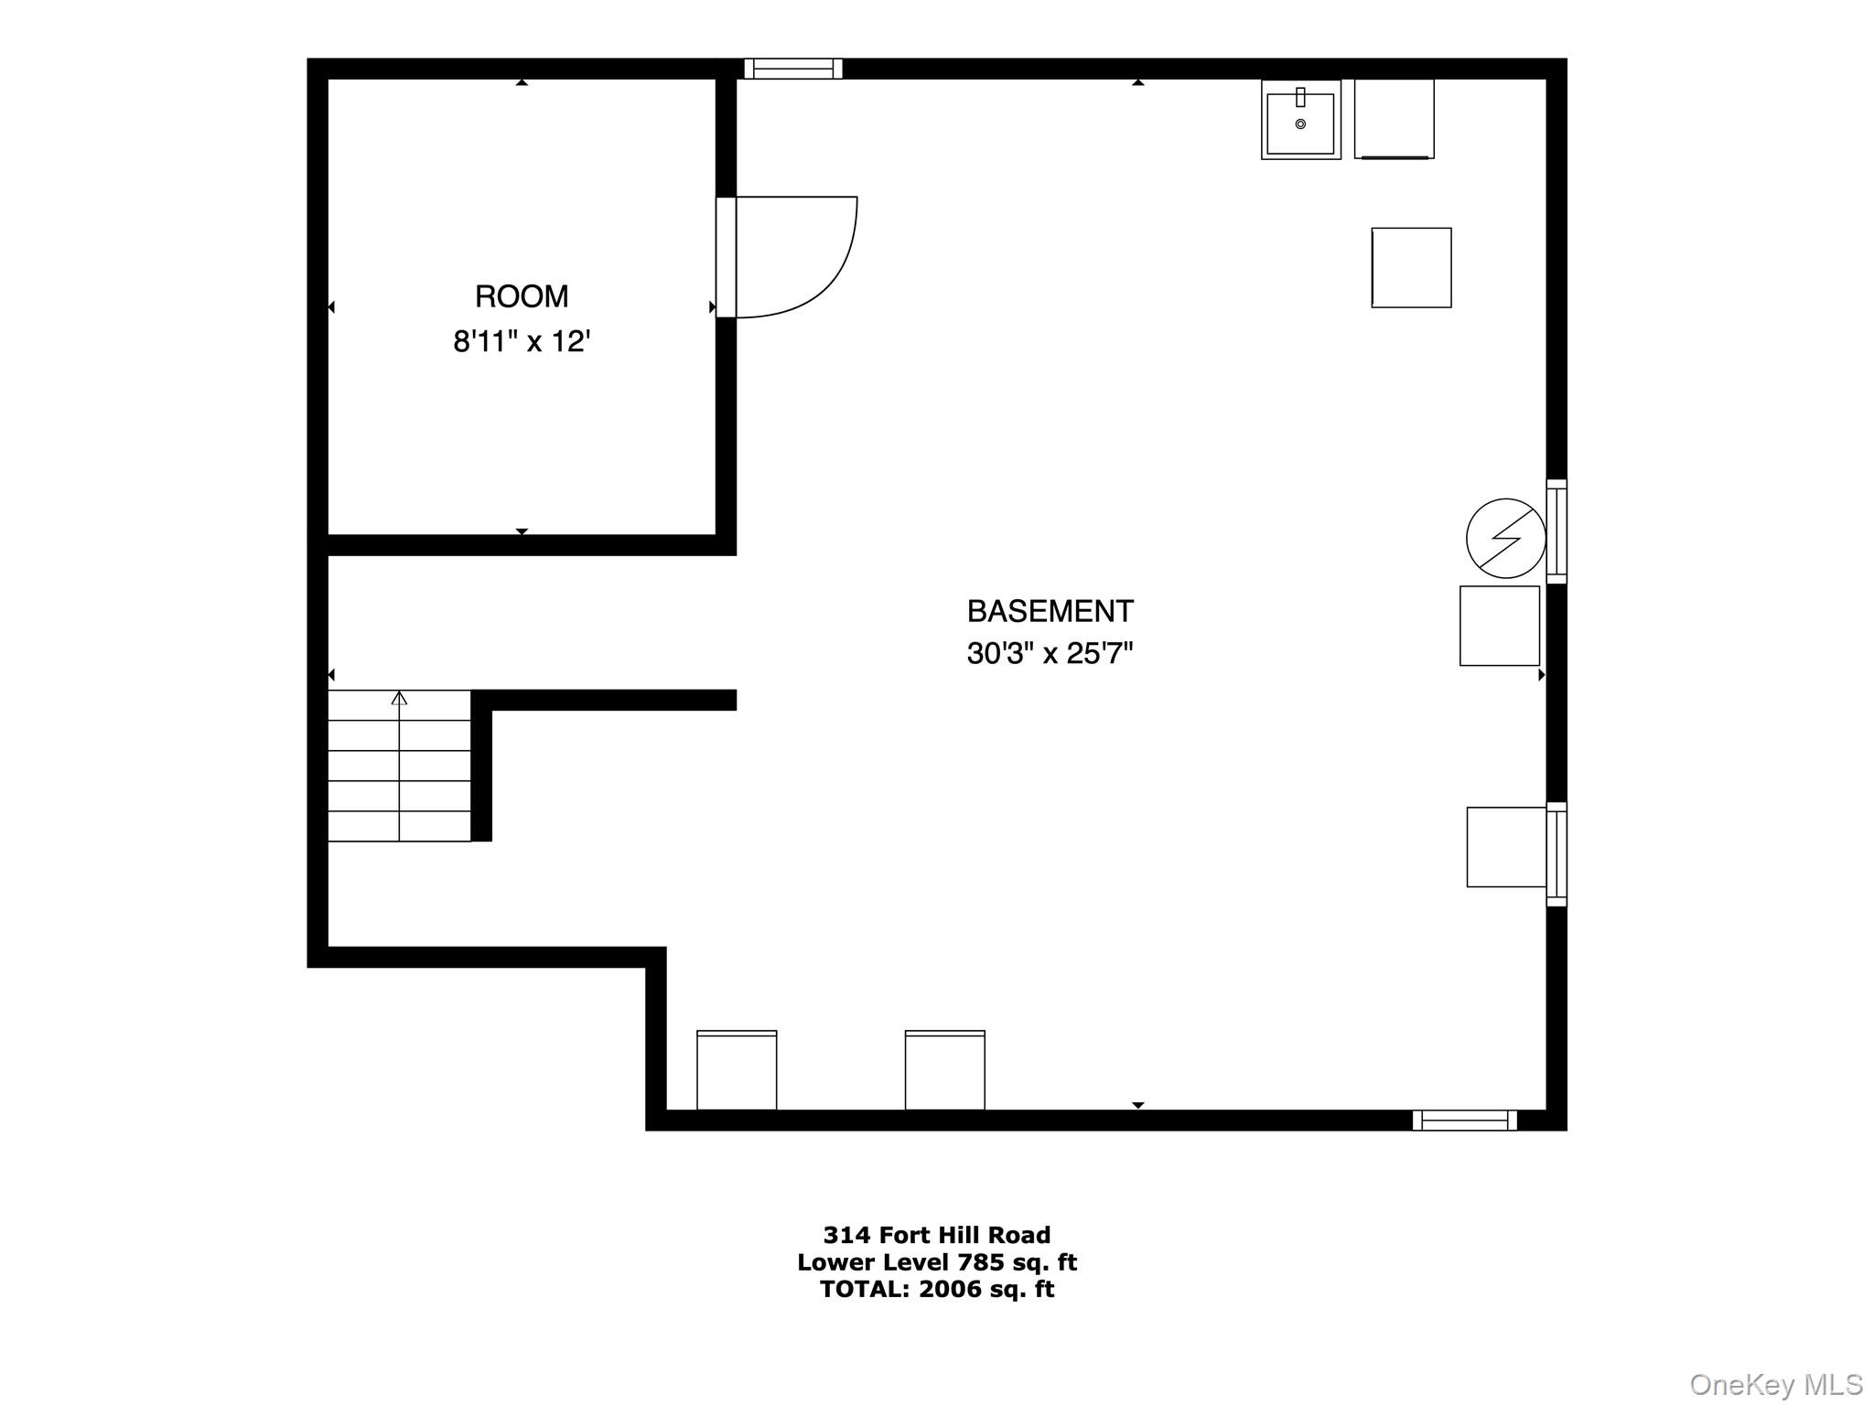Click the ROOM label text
pyautogui.click(x=522, y=296)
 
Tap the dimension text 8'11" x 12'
pyautogui.click(x=522, y=341)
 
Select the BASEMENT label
pyautogui.click(x=1050, y=610)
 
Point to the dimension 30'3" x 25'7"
pyautogui.click(x=1050, y=653)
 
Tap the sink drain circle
pyautogui.click(x=1300, y=123)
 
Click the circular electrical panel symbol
pyautogui.click(x=1506, y=538)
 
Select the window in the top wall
pyautogui.click(x=793, y=69)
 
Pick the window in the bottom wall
pyautogui.click(x=1465, y=1120)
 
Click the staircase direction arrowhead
pyautogui.click(x=399, y=698)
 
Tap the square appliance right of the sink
pyautogui.click(x=1395, y=119)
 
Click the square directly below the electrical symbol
pyautogui.click(x=1500, y=626)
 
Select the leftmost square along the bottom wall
pyautogui.click(x=737, y=1070)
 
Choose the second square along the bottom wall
pyautogui.click(x=945, y=1070)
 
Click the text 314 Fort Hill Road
pyautogui.click(x=937, y=1235)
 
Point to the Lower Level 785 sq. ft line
pyautogui.click(x=937, y=1262)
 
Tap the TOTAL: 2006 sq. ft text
pyautogui.click(x=937, y=1289)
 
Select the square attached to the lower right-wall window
pyautogui.click(x=1507, y=847)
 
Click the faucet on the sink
pyautogui.click(x=1300, y=97)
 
